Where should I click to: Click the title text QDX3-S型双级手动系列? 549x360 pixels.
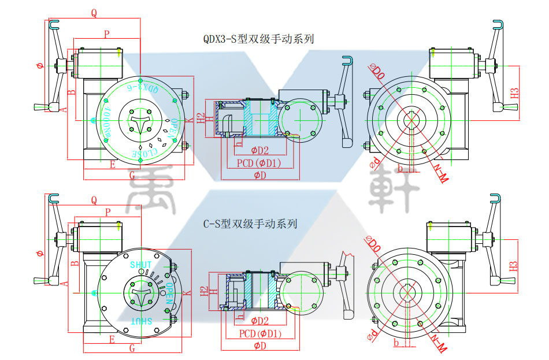258,39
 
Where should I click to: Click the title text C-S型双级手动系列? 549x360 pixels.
250,223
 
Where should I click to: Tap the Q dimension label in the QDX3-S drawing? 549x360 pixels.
94,12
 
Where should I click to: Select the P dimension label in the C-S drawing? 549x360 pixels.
107,213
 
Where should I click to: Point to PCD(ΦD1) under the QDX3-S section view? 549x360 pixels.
259,164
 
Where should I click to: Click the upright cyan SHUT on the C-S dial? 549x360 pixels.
141,265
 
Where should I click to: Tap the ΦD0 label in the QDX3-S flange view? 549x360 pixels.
377,73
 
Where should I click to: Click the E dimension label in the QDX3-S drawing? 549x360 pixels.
112,165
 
